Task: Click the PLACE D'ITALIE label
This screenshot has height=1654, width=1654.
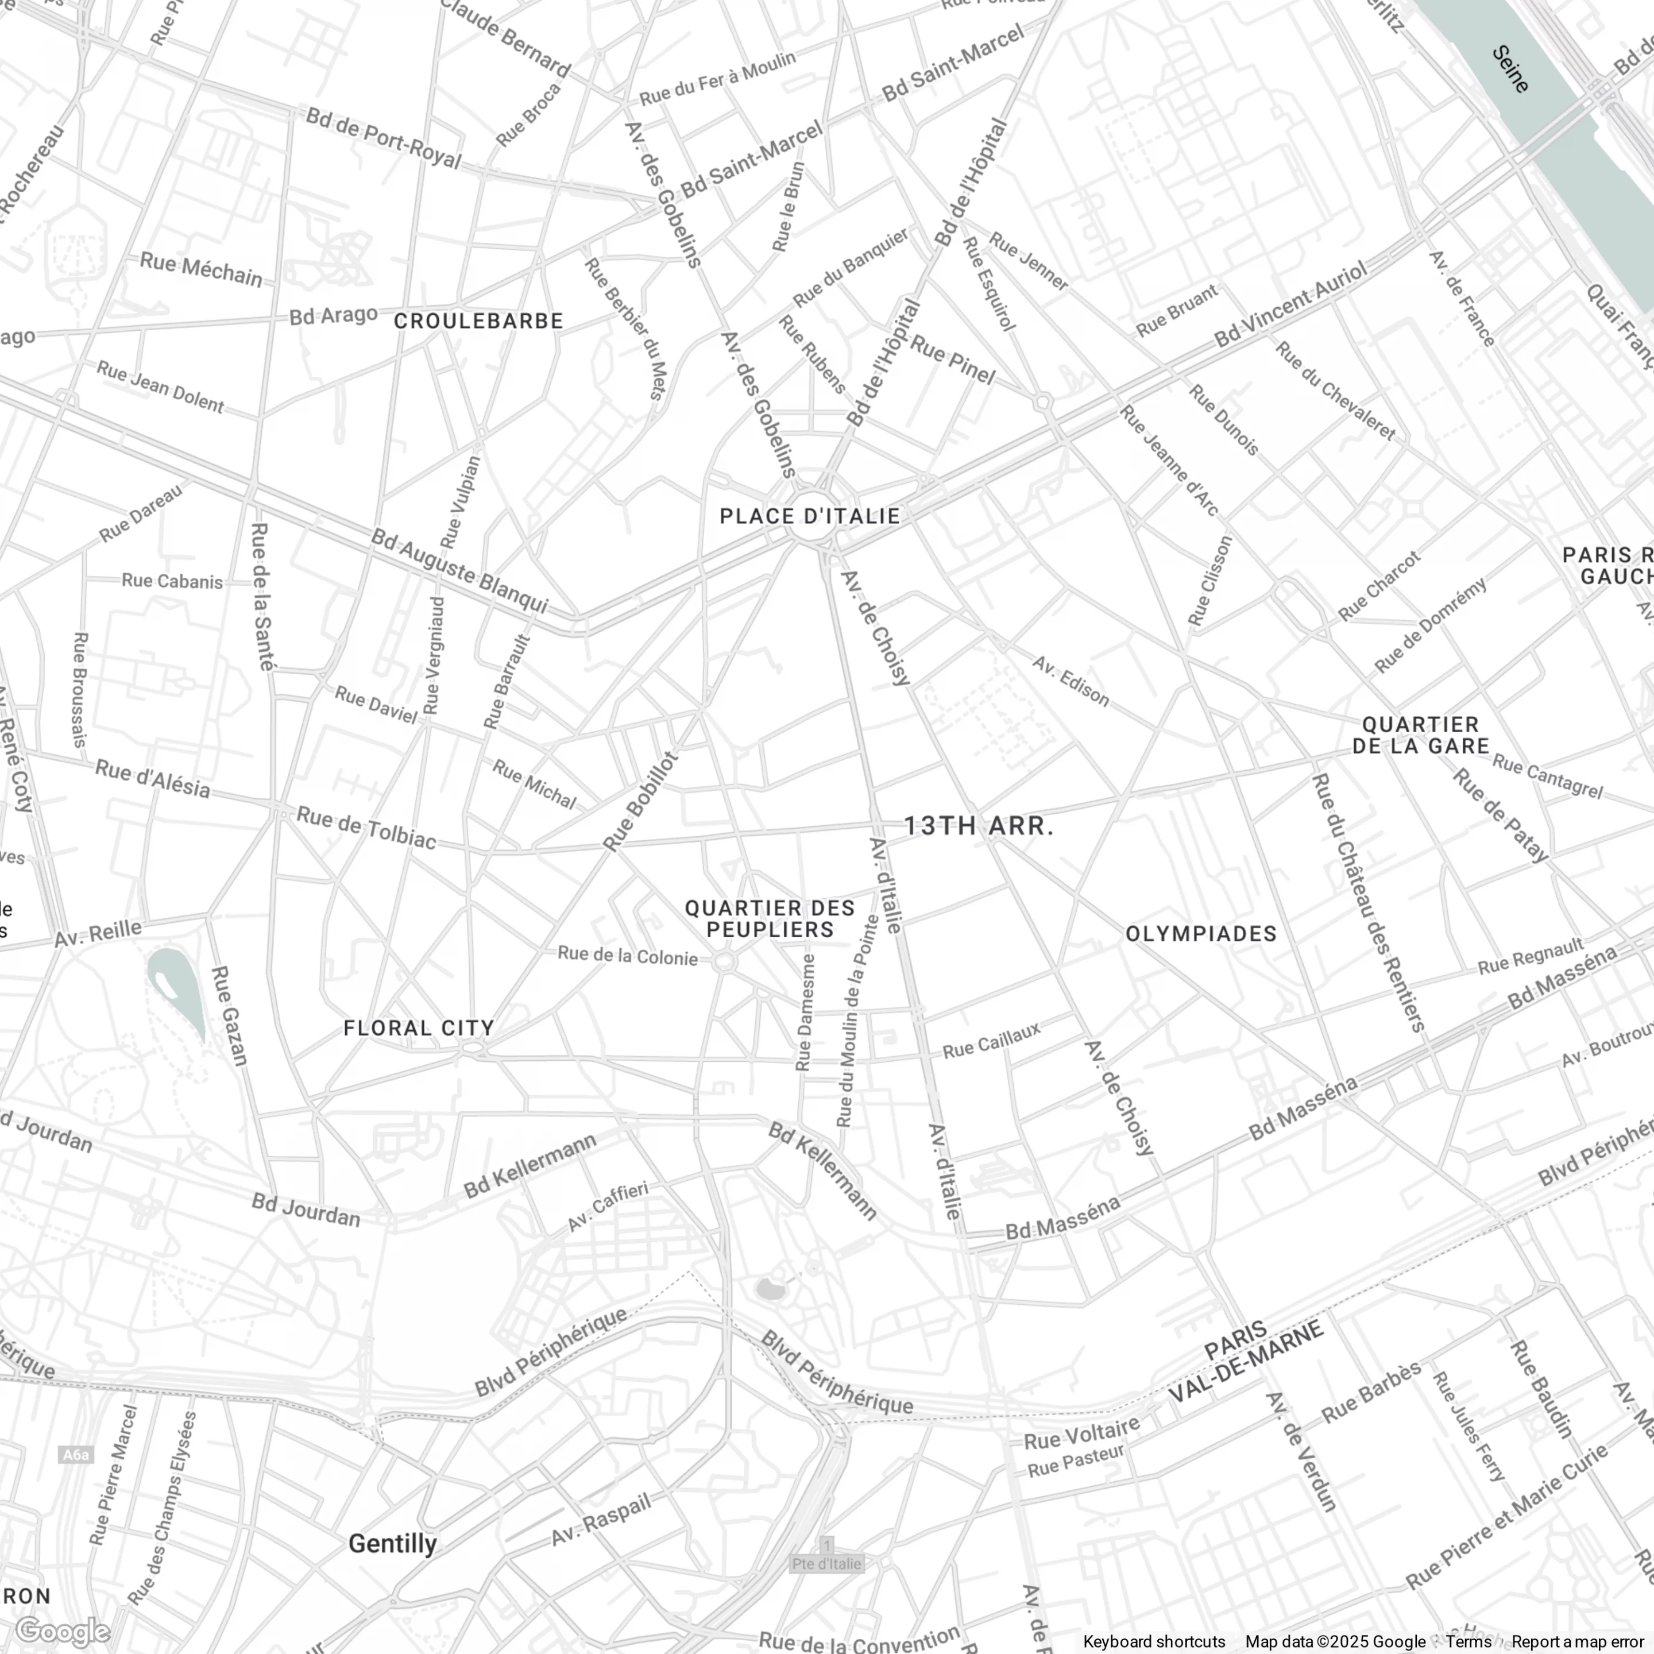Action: pos(809,516)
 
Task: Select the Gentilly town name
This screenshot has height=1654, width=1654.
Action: pos(393,1544)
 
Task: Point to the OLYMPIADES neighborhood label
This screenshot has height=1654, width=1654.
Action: pos(1200,934)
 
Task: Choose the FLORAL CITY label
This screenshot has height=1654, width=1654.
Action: pos(419,1028)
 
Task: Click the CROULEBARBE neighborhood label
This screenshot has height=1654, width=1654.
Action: pos(478,321)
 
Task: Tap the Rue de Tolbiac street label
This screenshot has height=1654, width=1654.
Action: pos(366,828)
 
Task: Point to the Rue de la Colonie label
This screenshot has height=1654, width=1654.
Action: pos(628,956)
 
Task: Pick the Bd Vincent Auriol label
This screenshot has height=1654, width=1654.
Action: pos(1291,306)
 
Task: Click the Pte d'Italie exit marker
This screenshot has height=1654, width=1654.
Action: pos(826,1564)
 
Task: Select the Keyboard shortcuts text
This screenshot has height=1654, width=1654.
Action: pos(1154,1642)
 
